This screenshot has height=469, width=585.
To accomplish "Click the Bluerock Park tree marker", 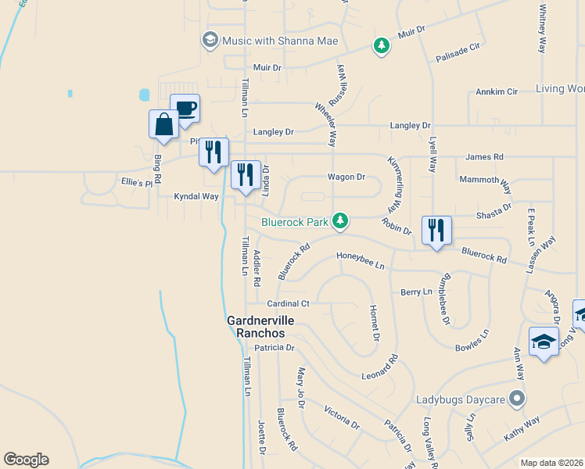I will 339,222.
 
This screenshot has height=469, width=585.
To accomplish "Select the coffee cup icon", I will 185,109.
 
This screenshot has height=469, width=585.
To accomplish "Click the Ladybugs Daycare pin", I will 515,399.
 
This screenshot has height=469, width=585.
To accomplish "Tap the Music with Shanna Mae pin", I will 210,40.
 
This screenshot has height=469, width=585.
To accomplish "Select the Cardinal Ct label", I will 288,303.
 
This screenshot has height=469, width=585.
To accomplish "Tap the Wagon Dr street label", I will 346,177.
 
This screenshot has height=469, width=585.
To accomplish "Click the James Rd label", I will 484,157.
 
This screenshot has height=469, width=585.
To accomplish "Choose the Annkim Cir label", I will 497,91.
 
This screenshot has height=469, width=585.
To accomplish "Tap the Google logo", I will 26,460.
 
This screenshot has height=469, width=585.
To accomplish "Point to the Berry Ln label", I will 415,292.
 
